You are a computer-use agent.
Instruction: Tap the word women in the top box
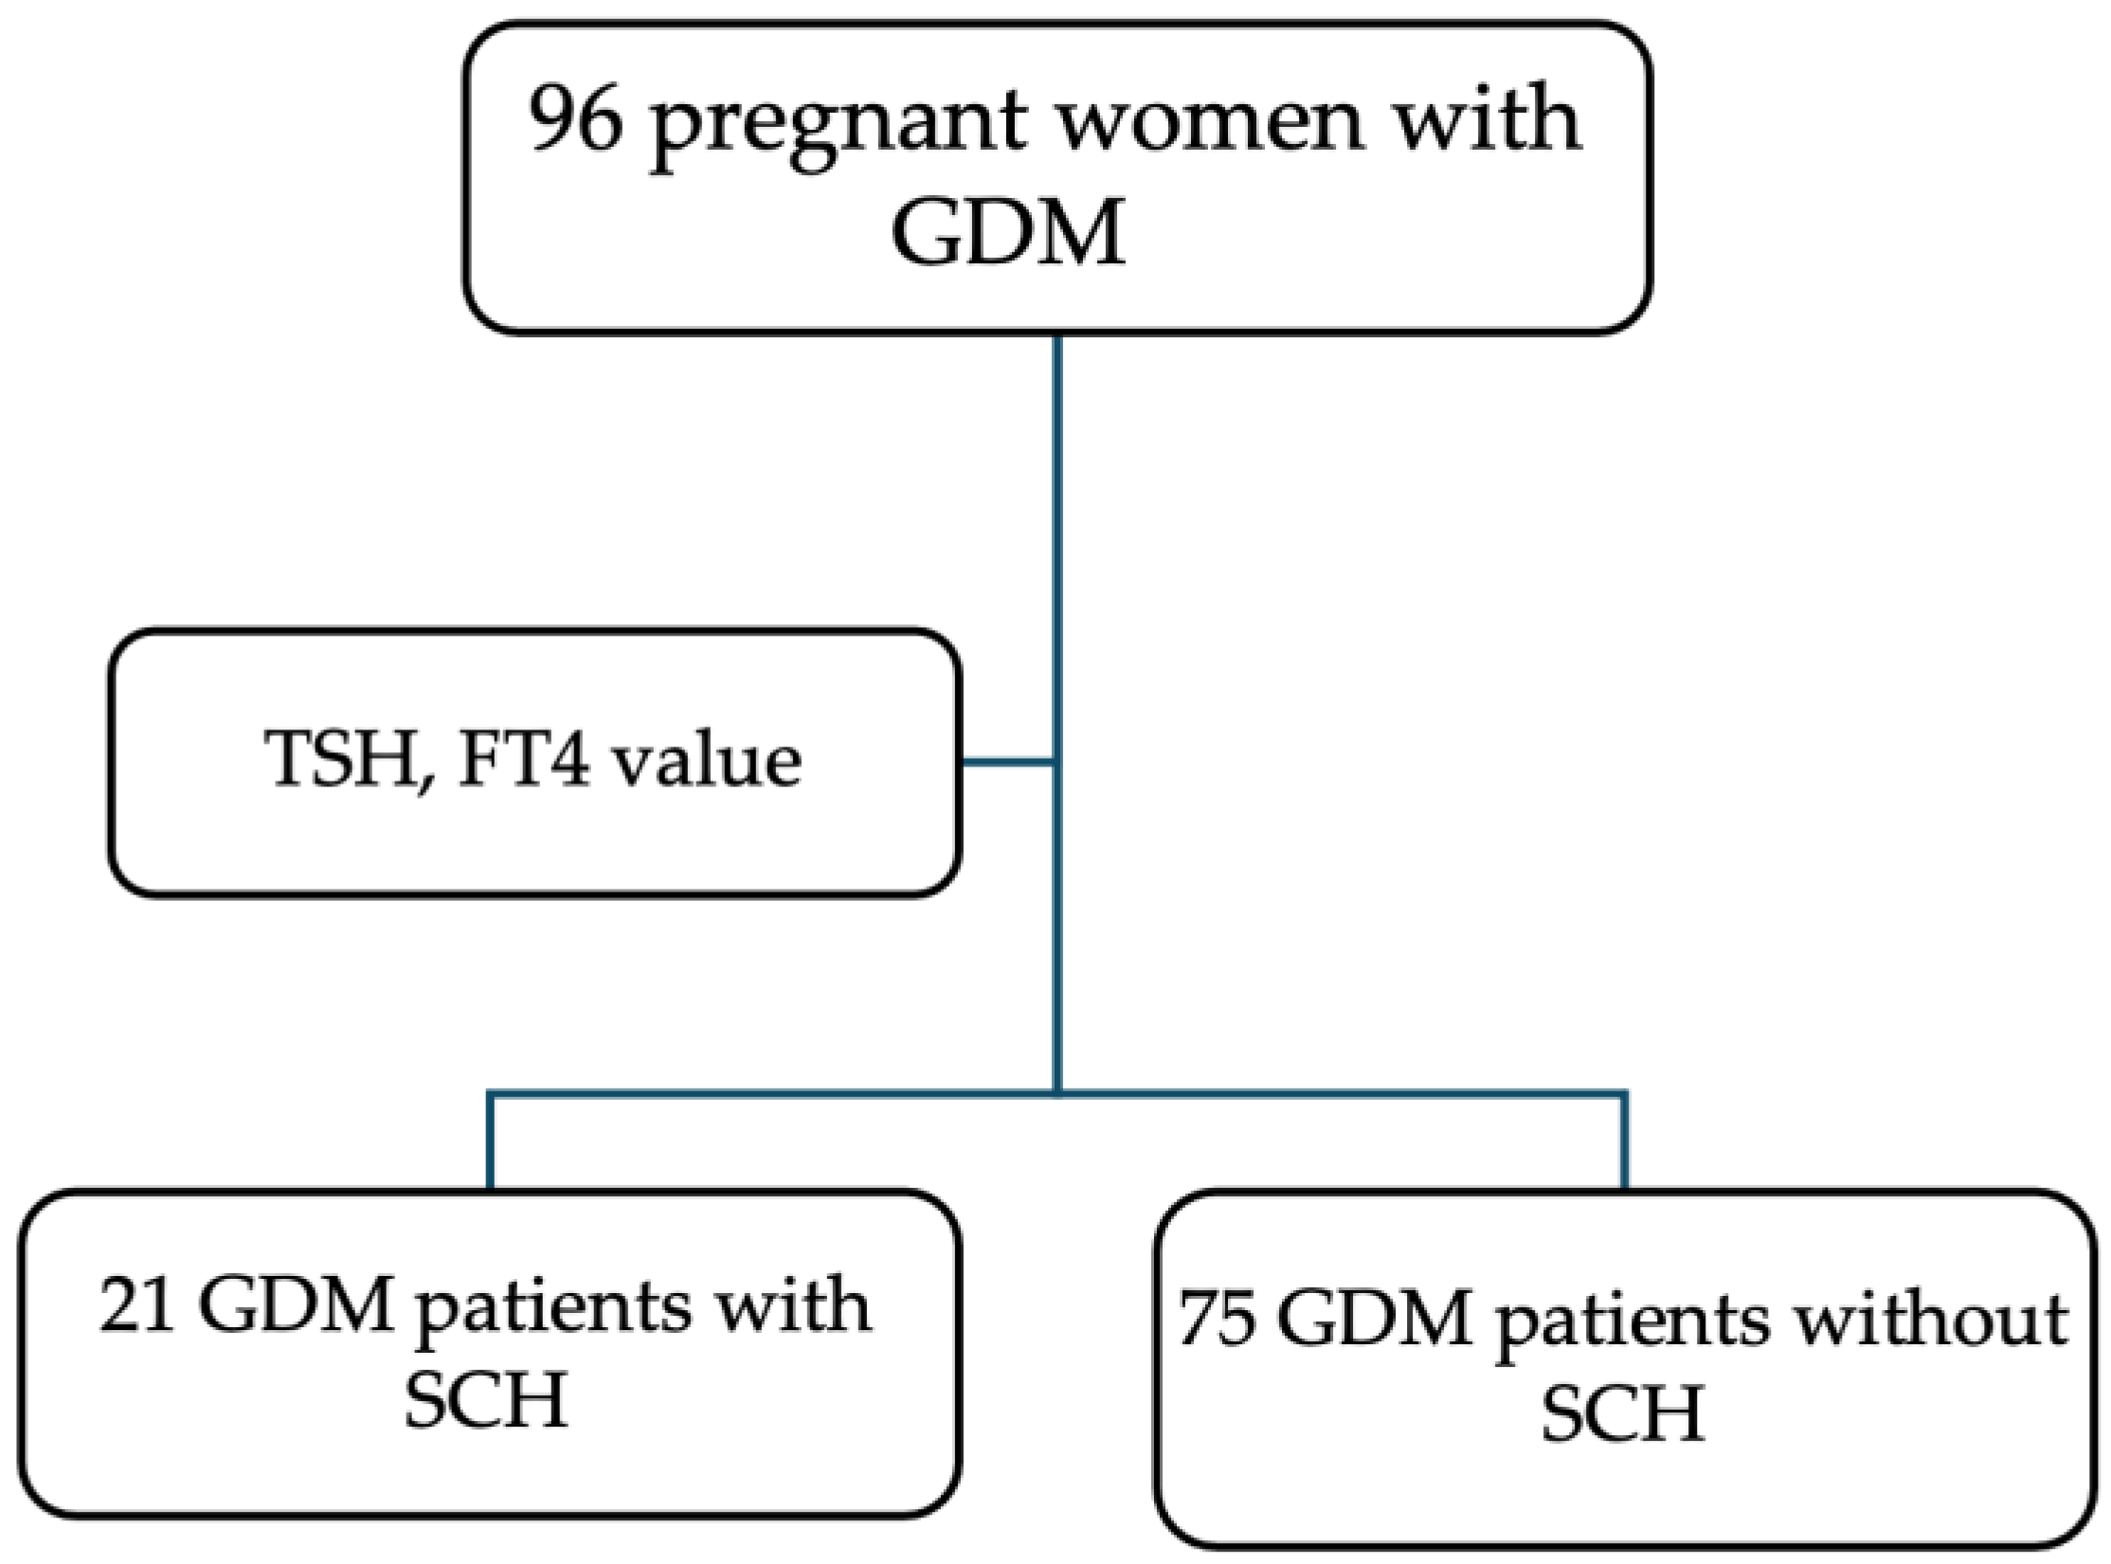1210,121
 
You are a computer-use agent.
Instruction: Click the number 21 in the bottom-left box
136,1307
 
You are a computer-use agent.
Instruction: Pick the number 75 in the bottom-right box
1217,1319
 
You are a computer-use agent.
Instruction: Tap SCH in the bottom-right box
1624,1413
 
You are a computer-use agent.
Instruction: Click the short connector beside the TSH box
1008,762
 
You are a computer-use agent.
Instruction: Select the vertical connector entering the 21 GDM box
489,1142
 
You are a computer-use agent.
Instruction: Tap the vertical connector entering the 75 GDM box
1626,1142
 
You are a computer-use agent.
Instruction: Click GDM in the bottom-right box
1376,1319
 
